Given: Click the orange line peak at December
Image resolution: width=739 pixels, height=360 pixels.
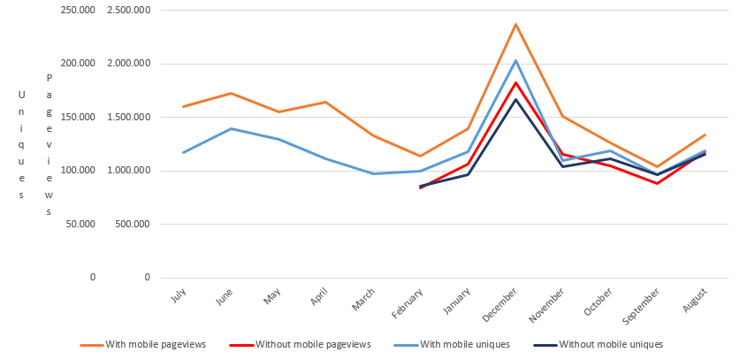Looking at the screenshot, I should click(515, 24).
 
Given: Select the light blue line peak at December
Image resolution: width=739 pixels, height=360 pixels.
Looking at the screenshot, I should click(515, 60).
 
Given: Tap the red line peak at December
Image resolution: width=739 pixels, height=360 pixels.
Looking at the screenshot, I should click(515, 82).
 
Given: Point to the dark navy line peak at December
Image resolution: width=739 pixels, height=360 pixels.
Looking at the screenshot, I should click(515, 99).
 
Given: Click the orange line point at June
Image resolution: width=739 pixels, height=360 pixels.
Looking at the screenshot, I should click(231, 93).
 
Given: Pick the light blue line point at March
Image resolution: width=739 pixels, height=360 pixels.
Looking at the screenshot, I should click(373, 173).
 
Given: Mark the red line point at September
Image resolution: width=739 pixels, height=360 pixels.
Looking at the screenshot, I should click(657, 183).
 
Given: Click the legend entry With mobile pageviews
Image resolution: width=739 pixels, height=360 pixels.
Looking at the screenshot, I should click(155, 344).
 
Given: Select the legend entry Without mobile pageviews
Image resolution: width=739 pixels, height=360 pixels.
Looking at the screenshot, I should click(312, 344).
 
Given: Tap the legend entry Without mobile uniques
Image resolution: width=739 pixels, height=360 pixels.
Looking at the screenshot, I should click(610, 344).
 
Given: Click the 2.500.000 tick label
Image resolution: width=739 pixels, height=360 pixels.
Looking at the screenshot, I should click(128, 10).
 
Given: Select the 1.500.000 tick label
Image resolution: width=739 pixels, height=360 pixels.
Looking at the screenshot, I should click(128, 117).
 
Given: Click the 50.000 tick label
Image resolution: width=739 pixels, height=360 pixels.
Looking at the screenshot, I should click(77, 224).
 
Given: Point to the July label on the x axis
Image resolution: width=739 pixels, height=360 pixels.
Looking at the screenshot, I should click(177, 295).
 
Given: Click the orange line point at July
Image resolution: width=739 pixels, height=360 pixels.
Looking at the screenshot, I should click(184, 106).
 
